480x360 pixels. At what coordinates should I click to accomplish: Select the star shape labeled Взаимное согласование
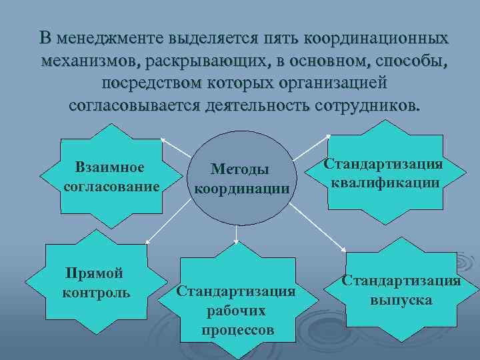pyautogui.click(x=111, y=177)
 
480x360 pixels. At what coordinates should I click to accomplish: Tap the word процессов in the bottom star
pyautogui.click(x=237, y=329)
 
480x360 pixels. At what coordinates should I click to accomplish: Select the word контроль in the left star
pyautogui.click(x=95, y=293)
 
